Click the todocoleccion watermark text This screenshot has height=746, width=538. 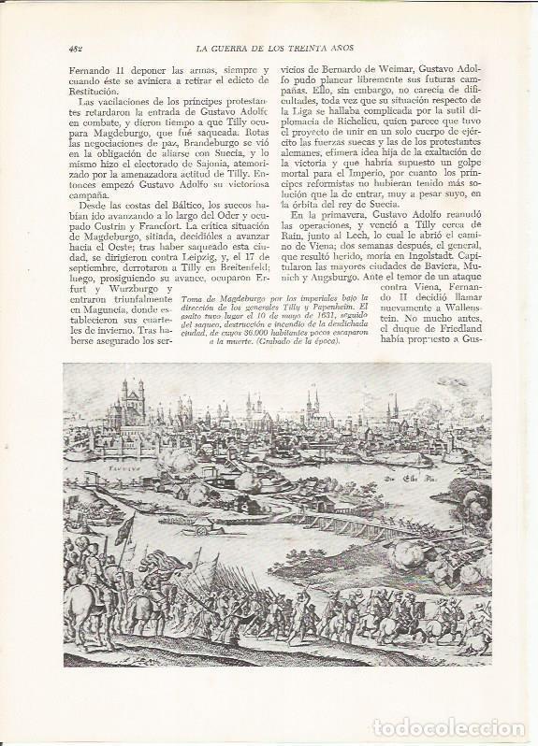pyautogui.click(x=449, y=727)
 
